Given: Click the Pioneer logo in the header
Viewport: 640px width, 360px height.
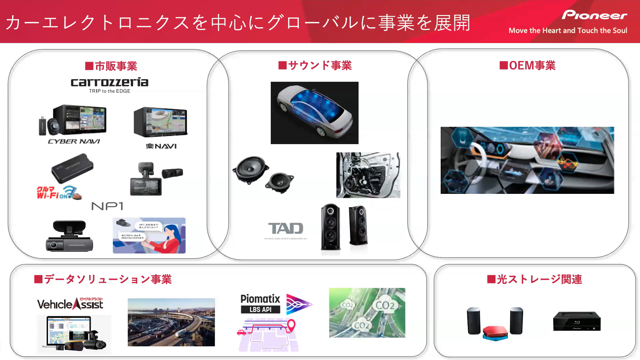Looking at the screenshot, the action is tap(594, 15).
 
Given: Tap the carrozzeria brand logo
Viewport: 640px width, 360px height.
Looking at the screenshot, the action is tap(110, 82).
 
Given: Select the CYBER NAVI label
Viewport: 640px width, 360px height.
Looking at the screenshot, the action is tap(74, 141).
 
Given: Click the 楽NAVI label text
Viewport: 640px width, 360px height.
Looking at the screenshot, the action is tap(161, 146).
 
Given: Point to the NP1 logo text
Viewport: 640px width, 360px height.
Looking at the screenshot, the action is tap(107, 206).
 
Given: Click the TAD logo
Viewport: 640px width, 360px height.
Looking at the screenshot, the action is tap(286, 229).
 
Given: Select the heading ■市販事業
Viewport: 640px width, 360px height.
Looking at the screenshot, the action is tap(111, 66).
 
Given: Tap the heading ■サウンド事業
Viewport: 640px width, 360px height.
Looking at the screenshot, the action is tap(315, 65).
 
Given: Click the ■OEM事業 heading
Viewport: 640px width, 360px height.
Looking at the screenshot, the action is tap(527, 65).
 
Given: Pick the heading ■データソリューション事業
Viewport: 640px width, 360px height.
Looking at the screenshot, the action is tap(103, 279).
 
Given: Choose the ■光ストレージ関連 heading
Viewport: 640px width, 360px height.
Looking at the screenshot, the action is tap(534, 279).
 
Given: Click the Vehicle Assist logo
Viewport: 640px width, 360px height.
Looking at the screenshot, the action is tap(70, 304).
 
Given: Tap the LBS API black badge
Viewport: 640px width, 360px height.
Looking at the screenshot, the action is tap(260, 310).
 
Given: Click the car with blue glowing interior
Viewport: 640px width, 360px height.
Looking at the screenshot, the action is tap(314, 113).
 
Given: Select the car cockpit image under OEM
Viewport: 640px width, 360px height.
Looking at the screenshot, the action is tap(527, 160).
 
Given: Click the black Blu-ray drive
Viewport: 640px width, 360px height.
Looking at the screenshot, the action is tap(577, 321).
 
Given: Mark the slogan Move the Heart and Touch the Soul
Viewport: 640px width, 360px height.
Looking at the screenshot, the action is tap(568, 31).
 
